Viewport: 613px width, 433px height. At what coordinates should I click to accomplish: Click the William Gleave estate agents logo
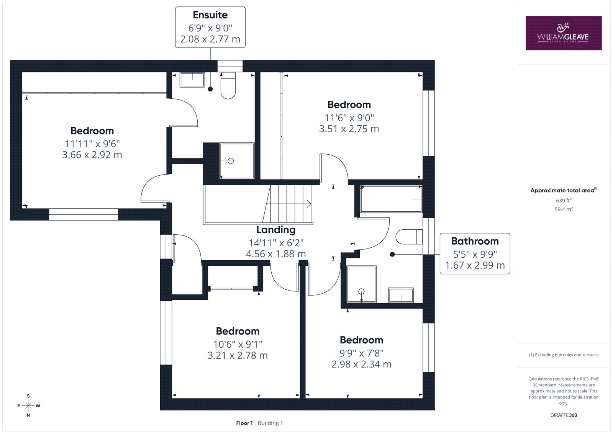tap(564, 33)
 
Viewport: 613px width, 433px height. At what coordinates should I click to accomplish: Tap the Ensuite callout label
tap(210, 27)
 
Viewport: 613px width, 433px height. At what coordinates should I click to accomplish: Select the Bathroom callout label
tap(475, 253)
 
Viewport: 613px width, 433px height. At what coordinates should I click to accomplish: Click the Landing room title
tap(276, 230)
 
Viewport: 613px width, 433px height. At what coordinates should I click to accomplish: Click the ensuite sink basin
tap(192, 80)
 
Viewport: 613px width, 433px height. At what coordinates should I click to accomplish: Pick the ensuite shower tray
tap(237, 161)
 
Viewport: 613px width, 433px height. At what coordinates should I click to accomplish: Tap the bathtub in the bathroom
tap(391, 199)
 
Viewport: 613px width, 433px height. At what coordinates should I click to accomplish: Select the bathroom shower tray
tap(362, 284)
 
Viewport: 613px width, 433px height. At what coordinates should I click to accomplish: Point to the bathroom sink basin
tap(401, 295)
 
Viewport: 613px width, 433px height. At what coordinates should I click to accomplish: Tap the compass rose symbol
tap(28, 405)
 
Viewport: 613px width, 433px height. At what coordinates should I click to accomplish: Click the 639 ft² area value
tap(564, 200)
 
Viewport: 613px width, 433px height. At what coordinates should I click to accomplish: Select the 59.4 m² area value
tap(564, 209)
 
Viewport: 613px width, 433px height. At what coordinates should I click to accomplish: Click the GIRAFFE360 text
tap(564, 415)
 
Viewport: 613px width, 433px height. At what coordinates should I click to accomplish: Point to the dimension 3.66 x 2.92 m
tap(92, 155)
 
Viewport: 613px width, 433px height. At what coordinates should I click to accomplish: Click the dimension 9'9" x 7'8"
tap(361, 353)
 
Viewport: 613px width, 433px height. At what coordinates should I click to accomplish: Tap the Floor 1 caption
tap(244, 423)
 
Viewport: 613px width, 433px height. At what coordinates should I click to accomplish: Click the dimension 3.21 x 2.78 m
tap(237, 355)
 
